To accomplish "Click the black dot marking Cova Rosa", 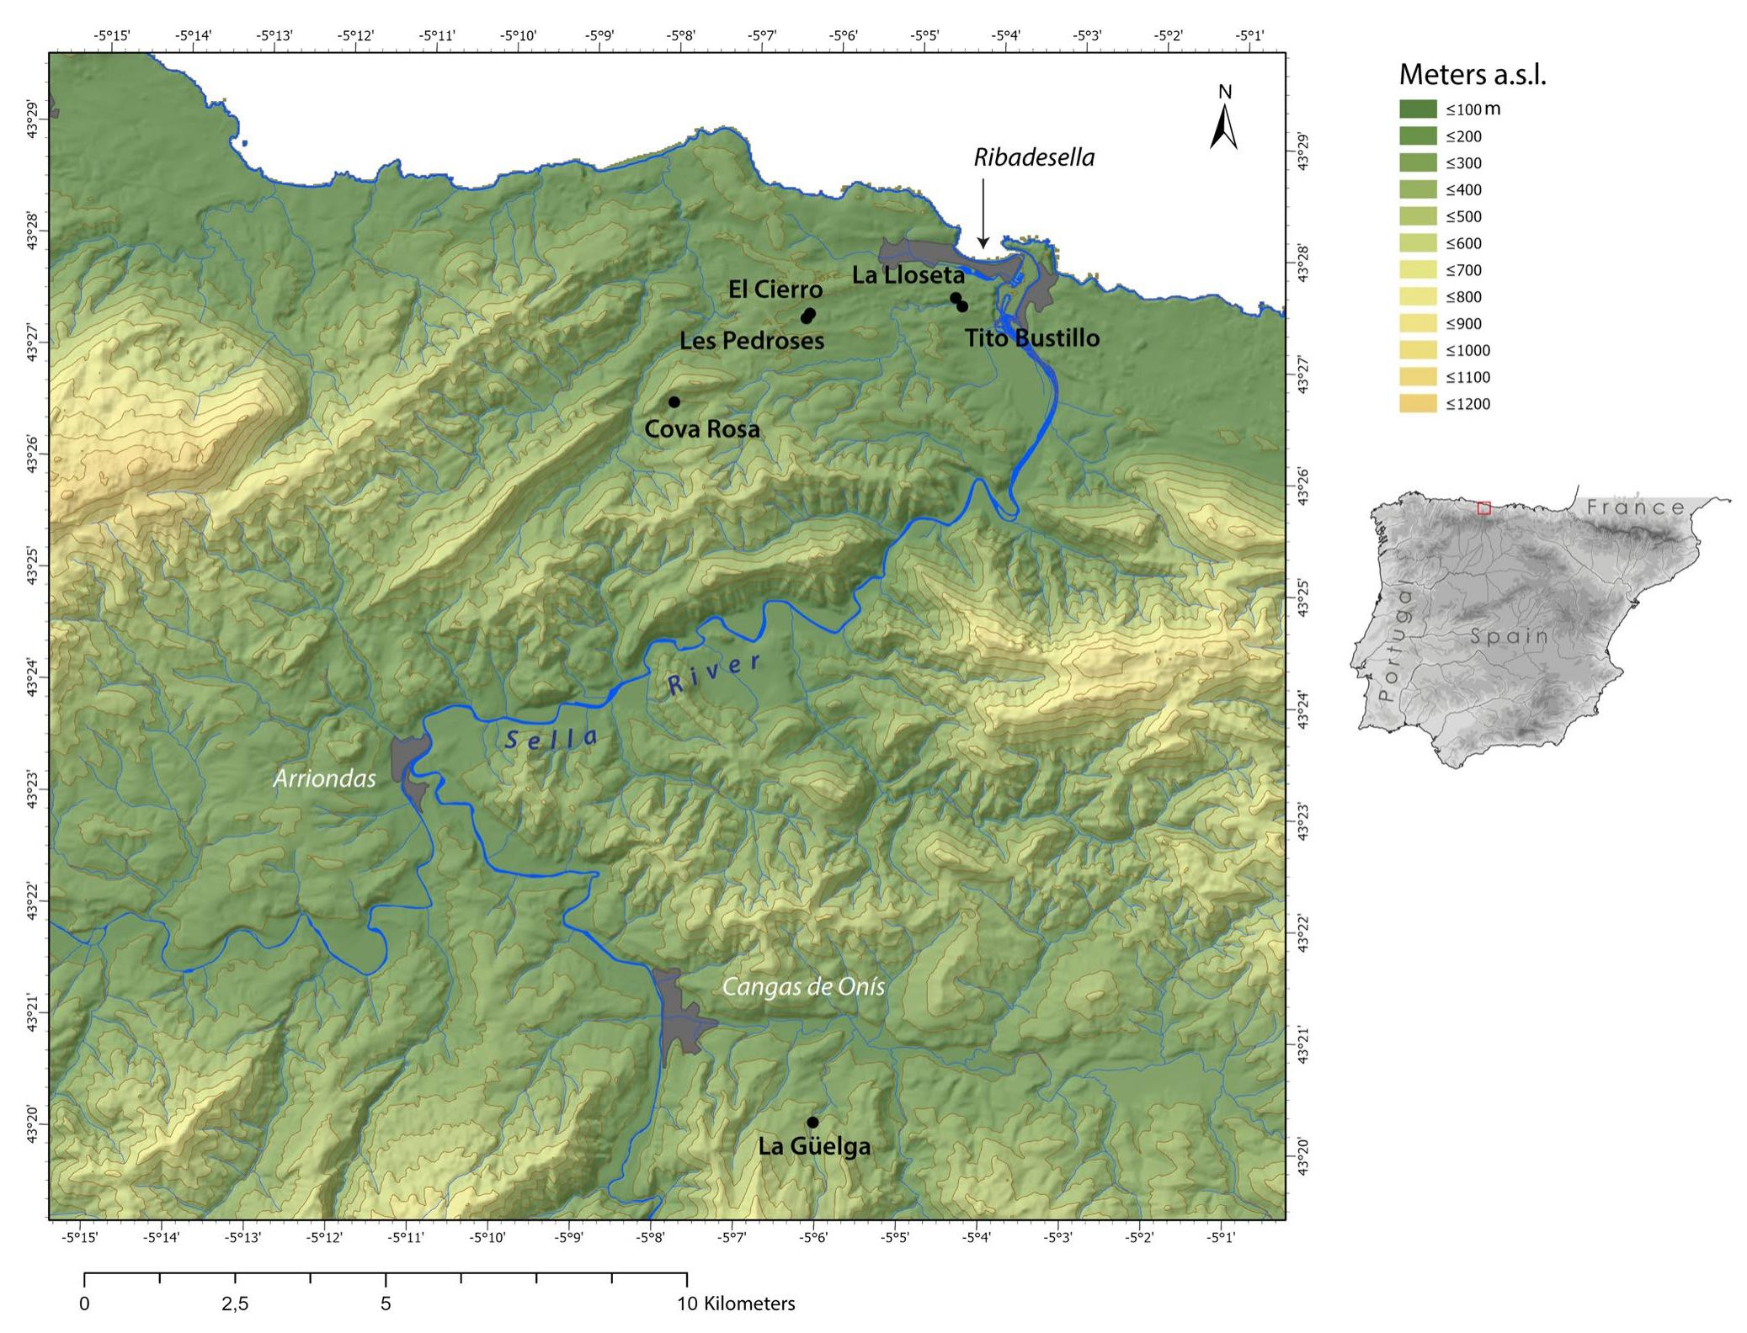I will pyautogui.click(x=674, y=401).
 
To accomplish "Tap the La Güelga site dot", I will pyautogui.click(x=812, y=1122).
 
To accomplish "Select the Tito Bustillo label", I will pyautogui.click(x=1031, y=338).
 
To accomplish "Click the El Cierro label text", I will pyautogui.click(x=775, y=289).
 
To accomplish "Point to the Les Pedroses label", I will pyautogui.click(x=752, y=341).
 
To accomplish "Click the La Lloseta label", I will pyautogui.click(x=908, y=275).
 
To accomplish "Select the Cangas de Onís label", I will pyautogui.click(x=803, y=986).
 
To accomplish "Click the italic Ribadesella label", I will pyautogui.click(x=1034, y=158).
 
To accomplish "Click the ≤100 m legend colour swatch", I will pyautogui.click(x=1417, y=109).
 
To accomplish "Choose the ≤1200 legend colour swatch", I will pyautogui.click(x=1417, y=404).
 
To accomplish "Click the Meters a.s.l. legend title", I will pyautogui.click(x=1473, y=75).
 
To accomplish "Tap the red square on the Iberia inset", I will pyautogui.click(x=1483, y=508).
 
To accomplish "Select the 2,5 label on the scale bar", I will pyautogui.click(x=235, y=1304).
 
